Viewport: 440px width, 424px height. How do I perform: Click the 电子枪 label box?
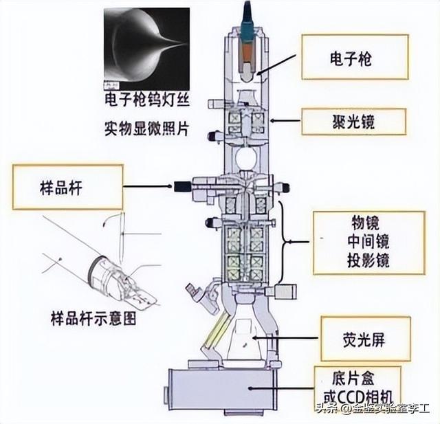[x=355, y=59]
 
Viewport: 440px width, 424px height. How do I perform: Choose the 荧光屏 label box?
[x=364, y=339]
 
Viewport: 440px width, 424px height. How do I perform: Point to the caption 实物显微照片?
[x=145, y=128]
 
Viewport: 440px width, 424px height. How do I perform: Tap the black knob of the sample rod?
[x=182, y=186]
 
